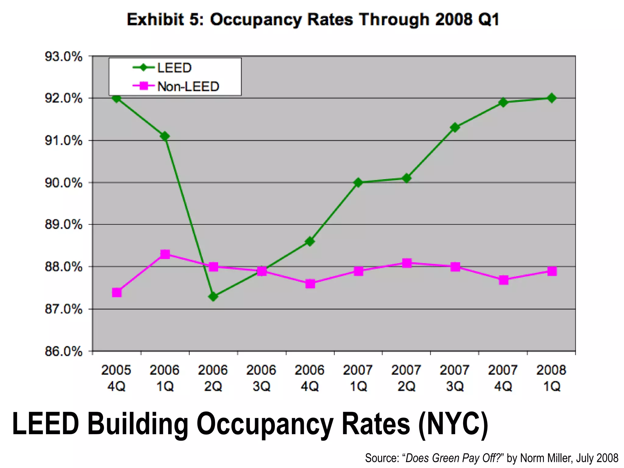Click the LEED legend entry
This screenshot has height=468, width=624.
tap(174, 68)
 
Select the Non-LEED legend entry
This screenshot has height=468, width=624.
tap(188, 87)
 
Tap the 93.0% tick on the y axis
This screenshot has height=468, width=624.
tap(64, 57)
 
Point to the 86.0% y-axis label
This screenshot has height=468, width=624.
tap(64, 351)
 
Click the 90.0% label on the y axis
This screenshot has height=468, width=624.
tap(64, 183)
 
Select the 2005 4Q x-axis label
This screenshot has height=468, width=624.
tap(116, 378)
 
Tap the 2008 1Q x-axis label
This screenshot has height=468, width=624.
tap(551, 378)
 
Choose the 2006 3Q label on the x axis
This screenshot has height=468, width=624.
tap(261, 378)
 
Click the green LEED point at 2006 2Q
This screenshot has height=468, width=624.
tap(213, 296)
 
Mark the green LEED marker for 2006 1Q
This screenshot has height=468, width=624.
tap(165, 136)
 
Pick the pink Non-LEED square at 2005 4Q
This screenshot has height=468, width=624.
tap(117, 292)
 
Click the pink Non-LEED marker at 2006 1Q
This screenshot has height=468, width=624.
tap(165, 254)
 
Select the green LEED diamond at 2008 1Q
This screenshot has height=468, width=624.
tap(551, 98)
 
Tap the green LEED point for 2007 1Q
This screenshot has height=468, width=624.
tap(358, 183)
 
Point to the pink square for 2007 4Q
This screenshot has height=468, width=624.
tap(503, 280)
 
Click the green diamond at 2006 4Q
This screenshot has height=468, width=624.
tap(310, 242)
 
